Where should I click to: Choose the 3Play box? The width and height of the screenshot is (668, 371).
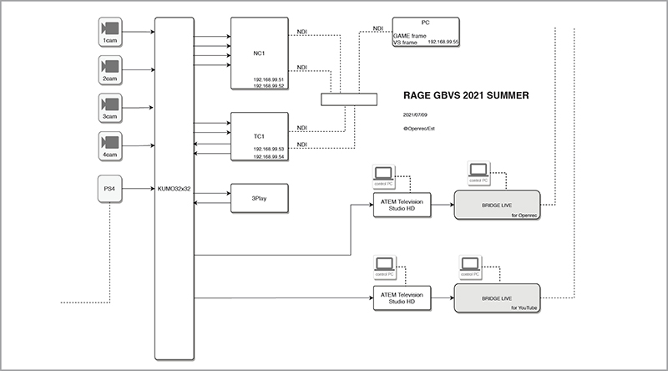259,198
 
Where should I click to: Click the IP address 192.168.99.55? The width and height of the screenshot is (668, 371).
443,41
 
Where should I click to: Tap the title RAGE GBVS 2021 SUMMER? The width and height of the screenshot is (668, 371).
465,95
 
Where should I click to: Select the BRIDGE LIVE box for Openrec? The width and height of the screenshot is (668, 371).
497,204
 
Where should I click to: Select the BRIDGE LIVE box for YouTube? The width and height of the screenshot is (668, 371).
497,298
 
